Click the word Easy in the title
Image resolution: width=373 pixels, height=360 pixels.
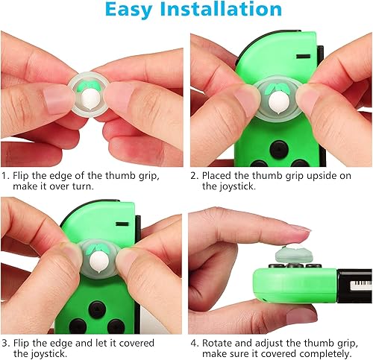point(132,10)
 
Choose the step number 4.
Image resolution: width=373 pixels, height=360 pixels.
point(193,343)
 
